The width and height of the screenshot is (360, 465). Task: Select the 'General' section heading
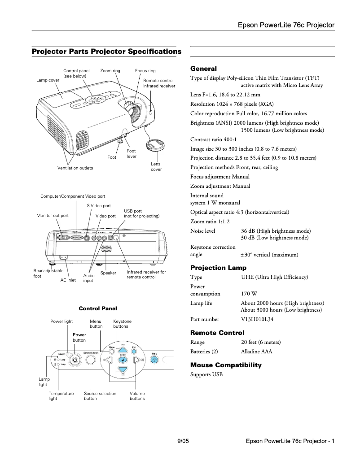[203, 69]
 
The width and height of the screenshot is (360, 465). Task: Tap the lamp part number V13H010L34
[257, 319]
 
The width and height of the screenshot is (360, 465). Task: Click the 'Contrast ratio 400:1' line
[213, 139]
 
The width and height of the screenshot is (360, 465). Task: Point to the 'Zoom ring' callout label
[110, 71]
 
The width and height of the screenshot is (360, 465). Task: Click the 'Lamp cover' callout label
[48, 80]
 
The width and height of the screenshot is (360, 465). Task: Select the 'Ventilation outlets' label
[75, 168]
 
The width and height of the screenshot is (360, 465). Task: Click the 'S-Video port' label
[99, 206]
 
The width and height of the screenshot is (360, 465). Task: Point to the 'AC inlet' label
[68, 280]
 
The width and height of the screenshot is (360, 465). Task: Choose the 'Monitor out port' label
[53, 216]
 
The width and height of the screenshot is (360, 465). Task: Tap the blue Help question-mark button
[154, 360]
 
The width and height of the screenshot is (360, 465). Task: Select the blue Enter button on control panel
[122, 360]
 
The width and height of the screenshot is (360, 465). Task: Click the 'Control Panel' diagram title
[98, 309]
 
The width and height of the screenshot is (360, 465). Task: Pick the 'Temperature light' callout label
[61, 396]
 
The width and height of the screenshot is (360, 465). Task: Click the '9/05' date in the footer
[184, 441]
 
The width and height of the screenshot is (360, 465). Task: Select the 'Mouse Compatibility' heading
[226, 365]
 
